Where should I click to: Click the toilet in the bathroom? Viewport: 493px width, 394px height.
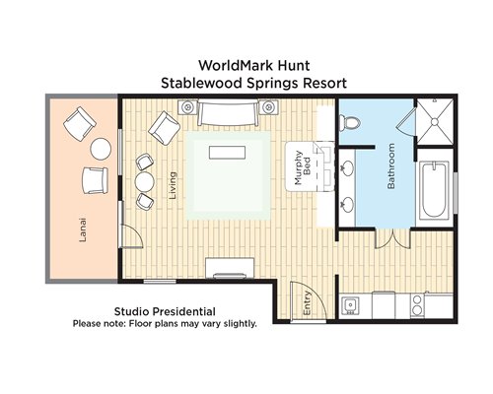[349, 123]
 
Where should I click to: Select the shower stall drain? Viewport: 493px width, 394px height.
[435, 122]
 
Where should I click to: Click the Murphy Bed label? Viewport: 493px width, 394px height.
[303, 167]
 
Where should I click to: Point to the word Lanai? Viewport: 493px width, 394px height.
[83, 230]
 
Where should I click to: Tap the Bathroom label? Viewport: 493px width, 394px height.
[391, 166]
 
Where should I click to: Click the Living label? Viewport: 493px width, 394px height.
[173, 185]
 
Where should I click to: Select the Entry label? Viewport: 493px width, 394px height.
[307, 302]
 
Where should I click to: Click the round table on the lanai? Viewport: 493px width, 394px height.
[101, 149]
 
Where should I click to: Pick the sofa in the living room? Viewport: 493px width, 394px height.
[228, 113]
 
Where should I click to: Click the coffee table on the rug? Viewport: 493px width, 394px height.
[228, 153]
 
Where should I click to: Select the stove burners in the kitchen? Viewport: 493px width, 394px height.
[417, 304]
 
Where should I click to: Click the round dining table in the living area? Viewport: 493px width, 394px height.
[145, 182]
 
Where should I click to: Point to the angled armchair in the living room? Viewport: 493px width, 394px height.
[164, 128]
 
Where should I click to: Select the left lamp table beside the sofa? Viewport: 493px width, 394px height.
[187, 107]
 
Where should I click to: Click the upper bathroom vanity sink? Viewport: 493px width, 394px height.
[346, 166]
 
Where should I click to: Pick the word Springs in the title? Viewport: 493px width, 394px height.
[273, 84]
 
